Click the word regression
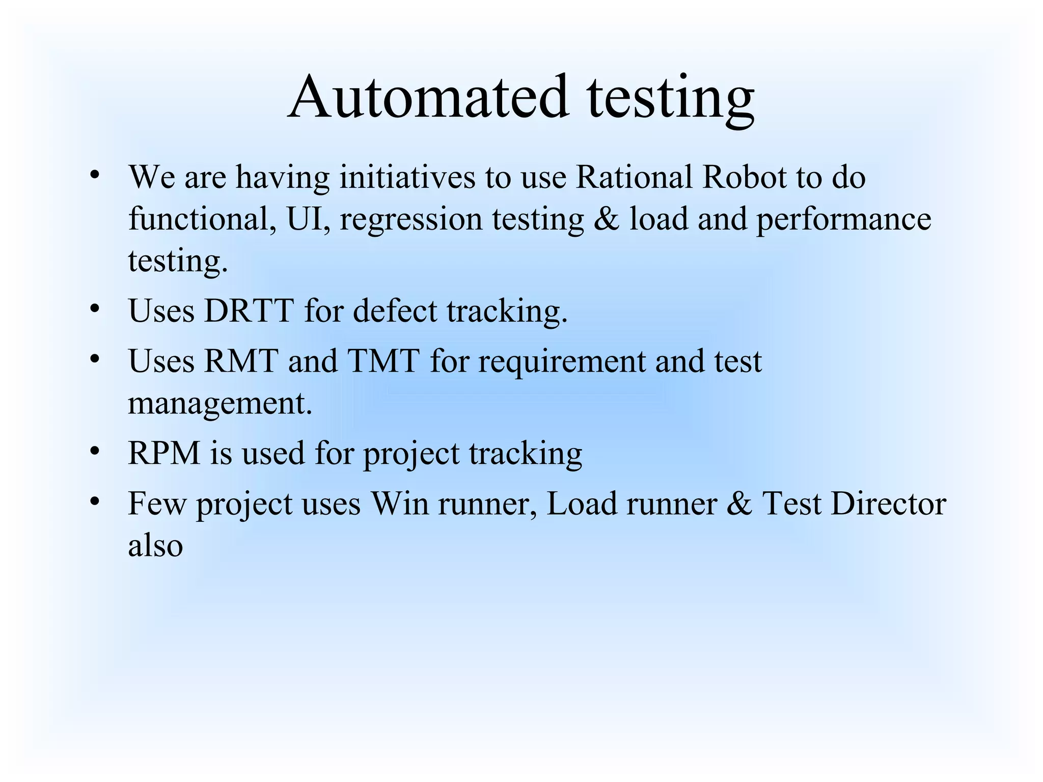point(410,220)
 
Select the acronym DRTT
point(249,311)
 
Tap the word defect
point(395,311)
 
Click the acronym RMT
point(241,361)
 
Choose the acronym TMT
point(383,361)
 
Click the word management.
point(219,405)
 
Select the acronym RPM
point(164,453)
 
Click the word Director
point(888,504)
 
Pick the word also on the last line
point(155,546)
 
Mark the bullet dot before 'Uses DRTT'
point(94,309)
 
